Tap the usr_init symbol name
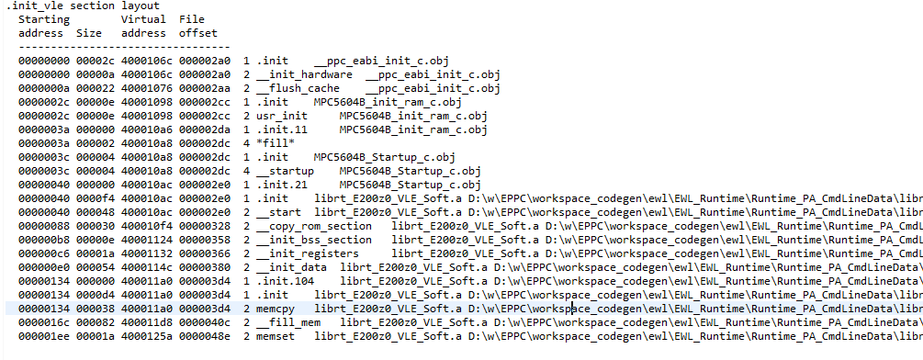(282, 116)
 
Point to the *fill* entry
(276, 143)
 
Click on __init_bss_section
(314, 240)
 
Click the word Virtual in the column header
(143, 19)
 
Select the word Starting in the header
(43, 19)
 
